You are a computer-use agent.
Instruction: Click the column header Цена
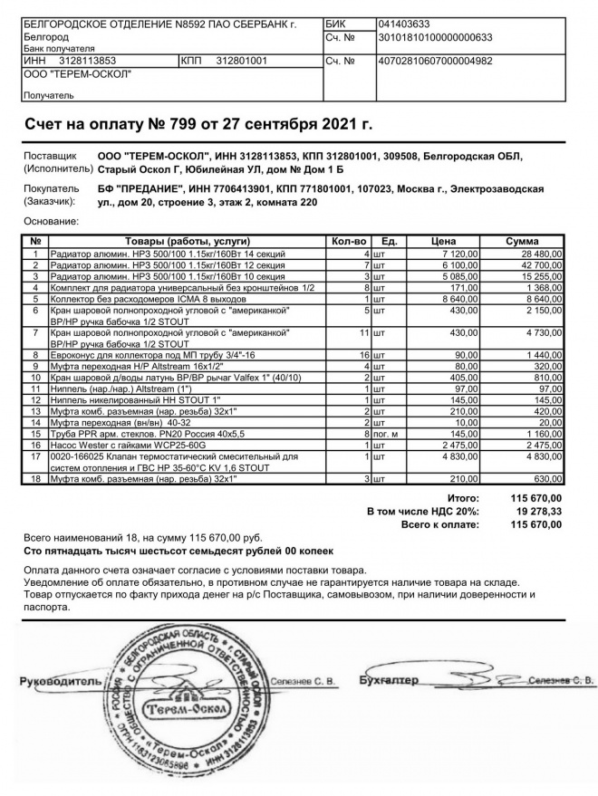442,242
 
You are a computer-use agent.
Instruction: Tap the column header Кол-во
349,242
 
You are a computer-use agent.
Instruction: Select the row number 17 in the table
35,457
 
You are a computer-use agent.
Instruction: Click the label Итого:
463,498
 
